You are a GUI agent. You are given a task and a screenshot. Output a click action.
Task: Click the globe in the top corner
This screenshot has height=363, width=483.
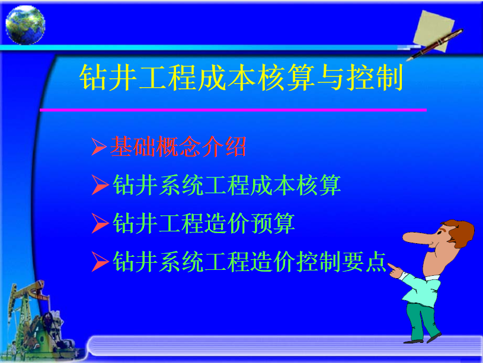(25, 25)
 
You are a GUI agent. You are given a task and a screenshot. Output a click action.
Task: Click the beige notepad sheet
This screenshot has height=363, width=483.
(434, 31)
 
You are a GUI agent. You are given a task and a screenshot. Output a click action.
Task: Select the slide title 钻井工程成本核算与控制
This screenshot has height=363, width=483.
(241, 78)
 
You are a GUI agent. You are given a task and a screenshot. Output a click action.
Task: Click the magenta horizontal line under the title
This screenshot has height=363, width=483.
(233, 110)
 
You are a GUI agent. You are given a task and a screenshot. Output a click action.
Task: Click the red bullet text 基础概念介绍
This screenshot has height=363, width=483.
(178, 147)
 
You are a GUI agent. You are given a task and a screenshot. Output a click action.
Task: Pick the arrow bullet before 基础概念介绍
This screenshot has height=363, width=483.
(99, 147)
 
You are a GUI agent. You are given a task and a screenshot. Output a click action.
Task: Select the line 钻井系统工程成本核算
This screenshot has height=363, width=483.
(227, 184)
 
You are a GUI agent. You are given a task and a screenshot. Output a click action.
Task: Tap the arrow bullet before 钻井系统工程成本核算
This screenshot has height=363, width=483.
(100, 185)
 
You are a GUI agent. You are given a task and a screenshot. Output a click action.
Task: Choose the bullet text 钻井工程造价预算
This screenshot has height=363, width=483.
(204, 223)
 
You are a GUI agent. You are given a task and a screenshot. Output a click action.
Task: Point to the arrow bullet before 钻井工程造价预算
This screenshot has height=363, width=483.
(100, 223)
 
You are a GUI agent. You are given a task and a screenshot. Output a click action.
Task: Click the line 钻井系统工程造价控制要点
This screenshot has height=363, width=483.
(250, 262)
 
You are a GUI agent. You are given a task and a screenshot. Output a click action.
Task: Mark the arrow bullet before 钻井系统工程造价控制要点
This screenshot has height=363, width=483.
(100, 262)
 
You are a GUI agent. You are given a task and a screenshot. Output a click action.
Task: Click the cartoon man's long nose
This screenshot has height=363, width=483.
(419, 238)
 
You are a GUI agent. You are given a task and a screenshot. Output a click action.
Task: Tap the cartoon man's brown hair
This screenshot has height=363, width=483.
(460, 233)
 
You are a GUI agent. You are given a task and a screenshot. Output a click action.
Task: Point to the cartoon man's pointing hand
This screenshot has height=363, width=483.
(395, 271)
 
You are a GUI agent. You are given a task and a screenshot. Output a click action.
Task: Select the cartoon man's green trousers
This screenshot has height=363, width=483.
(421, 321)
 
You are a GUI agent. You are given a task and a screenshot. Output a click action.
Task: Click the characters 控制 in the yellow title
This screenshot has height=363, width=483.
(375, 78)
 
